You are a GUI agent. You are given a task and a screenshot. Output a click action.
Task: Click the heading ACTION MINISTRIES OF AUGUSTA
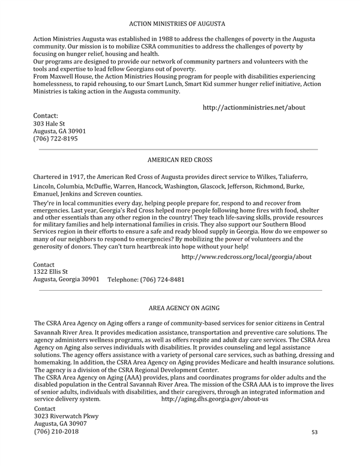(x=178, y=24)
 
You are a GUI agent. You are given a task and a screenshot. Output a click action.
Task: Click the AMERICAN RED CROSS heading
(x=179, y=160)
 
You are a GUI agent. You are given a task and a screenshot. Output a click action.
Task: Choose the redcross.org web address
(x=246, y=256)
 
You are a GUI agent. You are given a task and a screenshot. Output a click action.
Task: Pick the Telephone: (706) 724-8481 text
(x=146, y=280)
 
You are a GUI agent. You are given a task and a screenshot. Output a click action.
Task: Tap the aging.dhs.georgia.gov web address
(x=215, y=399)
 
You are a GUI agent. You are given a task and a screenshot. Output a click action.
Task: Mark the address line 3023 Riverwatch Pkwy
(x=66, y=416)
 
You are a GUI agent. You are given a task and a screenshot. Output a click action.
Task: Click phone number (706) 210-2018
(x=56, y=432)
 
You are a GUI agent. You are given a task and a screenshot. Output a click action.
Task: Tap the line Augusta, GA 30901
(x=59, y=131)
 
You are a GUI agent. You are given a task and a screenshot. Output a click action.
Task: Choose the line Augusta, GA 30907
(x=59, y=423)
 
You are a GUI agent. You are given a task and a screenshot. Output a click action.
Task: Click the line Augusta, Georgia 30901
(x=66, y=279)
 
